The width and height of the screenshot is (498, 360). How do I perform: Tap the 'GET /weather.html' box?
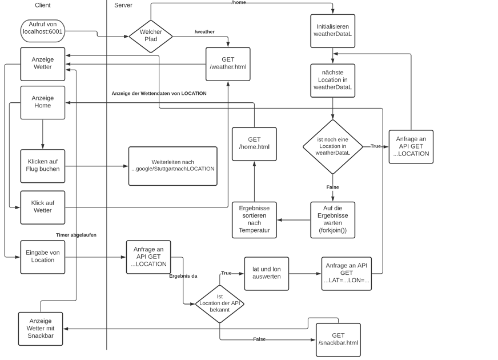click(228, 63)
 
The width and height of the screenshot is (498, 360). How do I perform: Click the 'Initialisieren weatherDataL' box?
click(333, 31)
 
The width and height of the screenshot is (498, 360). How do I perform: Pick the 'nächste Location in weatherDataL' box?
click(333, 81)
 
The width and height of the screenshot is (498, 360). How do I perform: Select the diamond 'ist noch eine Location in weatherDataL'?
click(333, 146)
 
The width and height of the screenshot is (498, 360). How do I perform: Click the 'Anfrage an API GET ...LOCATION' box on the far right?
click(411, 146)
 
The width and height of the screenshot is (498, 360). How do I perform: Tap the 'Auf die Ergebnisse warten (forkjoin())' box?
click(333, 220)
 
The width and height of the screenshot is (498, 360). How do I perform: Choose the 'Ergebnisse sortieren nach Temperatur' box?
click(254, 219)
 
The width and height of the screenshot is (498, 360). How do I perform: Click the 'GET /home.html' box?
click(254, 143)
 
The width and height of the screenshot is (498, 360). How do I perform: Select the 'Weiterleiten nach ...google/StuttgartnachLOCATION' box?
click(173, 166)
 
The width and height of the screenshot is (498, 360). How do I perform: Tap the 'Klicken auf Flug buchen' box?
click(43, 166)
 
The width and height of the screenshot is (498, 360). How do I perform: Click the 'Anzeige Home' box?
click(43, 102)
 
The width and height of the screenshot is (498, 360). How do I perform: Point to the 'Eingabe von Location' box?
click(43, 257)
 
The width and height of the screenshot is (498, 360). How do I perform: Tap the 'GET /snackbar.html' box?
click(338, 339)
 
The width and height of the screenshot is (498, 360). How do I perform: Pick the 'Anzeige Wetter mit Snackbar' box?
click(40, 328)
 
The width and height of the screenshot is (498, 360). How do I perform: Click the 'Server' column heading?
click(124, 5)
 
